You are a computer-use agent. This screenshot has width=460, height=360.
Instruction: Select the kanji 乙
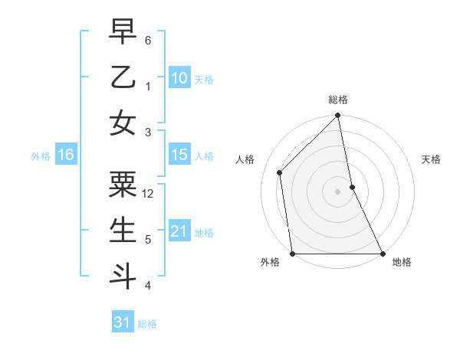[x=122, y=77]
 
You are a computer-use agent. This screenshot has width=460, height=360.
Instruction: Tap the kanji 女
[x=122, y=123]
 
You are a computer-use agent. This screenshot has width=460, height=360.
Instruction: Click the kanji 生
[x=122, y=229]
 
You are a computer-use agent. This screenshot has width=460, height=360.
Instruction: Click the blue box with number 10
[x=179, y=78]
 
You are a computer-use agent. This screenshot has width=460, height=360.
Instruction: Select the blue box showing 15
[x=179, y=155]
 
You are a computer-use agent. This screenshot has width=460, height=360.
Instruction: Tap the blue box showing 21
[x=179, y=231]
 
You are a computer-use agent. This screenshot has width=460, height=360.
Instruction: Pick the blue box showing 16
[x=65, y=155]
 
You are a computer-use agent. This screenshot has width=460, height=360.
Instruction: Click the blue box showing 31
[x=122, y=322]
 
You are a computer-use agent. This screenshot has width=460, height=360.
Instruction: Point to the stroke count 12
[x=149, y=194]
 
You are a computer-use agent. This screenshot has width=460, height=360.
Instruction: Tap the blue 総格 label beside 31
[x=147, y=324]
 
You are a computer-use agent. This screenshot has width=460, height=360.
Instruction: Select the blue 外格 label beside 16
[x=41, y=156]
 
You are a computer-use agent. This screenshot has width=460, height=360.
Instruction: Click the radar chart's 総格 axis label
[x=338, y=100]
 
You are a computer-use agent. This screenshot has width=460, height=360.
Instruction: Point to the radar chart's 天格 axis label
[x=432, y=159]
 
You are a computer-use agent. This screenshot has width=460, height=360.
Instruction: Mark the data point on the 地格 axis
[x=382, y=254]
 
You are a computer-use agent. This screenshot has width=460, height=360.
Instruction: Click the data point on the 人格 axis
[x=280, y=172]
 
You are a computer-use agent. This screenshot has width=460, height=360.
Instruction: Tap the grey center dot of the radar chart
[x=338, y=191]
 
